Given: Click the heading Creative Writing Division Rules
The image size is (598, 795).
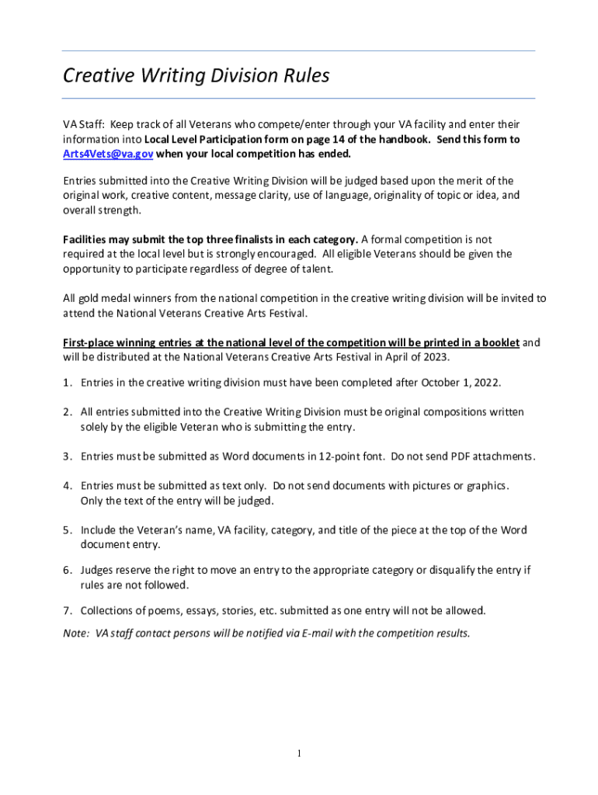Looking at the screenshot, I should [196, 76].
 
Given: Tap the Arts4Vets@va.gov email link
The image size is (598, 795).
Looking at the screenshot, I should [107, 154].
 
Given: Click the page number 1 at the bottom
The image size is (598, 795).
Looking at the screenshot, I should [299, 753].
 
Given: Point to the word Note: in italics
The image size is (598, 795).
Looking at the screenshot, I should [76, 633].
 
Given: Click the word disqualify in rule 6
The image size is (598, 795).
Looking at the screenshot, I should [450, 570].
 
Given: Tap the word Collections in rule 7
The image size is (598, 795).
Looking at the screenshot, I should [109, 609].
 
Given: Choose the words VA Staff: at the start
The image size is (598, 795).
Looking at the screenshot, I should [83, 124].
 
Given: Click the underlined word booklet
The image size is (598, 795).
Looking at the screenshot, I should [499, 342].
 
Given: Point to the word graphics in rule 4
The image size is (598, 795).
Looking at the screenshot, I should [486, 486].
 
